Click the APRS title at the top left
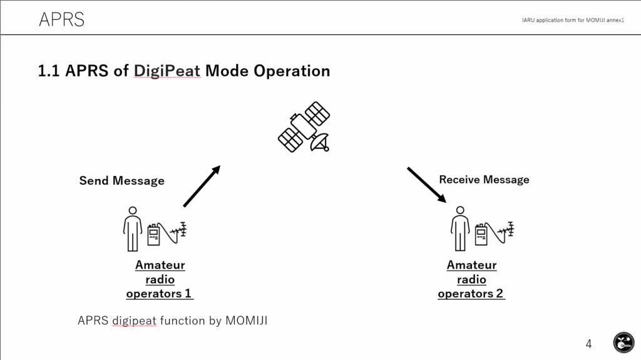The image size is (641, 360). (62, 19)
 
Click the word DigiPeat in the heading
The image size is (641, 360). (167, 71)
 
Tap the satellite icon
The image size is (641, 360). (304, 127)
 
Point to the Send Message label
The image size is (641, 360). (122, 181)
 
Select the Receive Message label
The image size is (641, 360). (484, 180)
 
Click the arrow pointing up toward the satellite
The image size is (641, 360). (202, 186)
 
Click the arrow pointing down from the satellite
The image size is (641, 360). (427, 185)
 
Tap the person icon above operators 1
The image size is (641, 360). (133, 229)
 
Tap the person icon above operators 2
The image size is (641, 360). (460, 229)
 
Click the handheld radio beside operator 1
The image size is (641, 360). (153, 234)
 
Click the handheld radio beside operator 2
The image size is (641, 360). (481, 234)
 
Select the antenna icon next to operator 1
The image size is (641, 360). (178, 231)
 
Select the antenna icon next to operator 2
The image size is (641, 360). (506, 231)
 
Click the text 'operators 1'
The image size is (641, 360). (159, 294)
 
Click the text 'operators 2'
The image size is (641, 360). (471, 294)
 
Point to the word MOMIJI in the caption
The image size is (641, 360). (247, 321)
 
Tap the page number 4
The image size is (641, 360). (588, 344)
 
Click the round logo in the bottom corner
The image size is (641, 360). (624, 342)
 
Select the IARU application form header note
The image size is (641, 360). (573, 20)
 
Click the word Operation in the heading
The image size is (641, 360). (292, 71)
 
